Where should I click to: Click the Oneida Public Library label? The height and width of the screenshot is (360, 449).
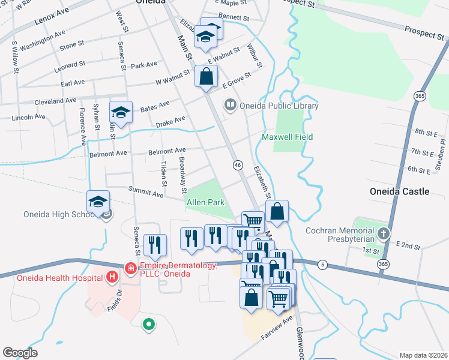pyautogui.click(x=279, y=106)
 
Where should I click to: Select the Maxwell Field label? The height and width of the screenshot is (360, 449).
pyautogui.click(x=288, y=137)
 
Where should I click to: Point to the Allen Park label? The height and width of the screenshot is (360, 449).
pyautogui.click(x=205, y=203)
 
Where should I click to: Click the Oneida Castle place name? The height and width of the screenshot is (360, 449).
pyautogui.click(x=399, y=191)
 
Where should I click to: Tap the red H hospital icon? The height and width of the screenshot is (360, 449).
pyautogui.click(x=110, y=277)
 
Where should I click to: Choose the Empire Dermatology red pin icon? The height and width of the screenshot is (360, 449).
pyautogui.click(x=130, y=268)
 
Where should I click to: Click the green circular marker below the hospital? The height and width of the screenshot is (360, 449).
pyautogui.click(x=148, y=325)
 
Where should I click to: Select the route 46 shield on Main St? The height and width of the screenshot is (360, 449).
pyautogui.click(x=238, y=164)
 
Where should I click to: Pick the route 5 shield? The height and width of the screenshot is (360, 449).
pyautogui.click(x=323, y=264)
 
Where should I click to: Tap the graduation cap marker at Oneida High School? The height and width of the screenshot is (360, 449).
pyautogui.click(x=98, y=202)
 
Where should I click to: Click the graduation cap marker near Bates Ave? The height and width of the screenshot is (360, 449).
pyautogui.click(x=121, y=112)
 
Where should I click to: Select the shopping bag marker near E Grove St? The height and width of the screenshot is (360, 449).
pyautogui.click(x=206, y=77)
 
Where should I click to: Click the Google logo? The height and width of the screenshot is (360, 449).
pyautogui.click(x=20, y=353)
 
